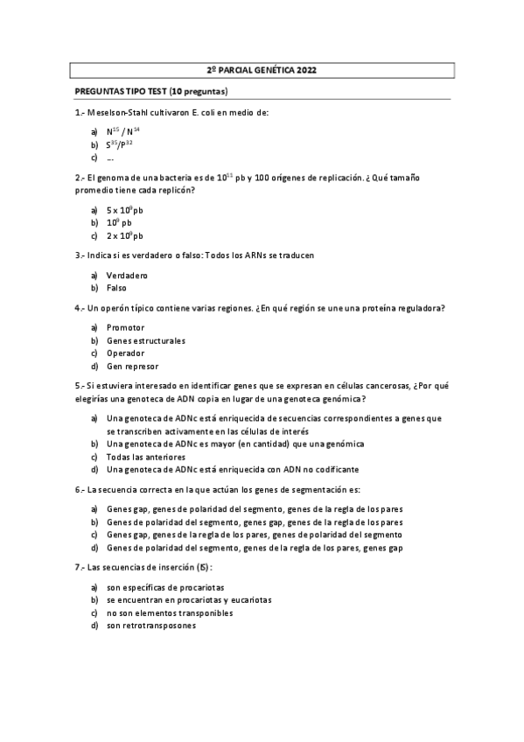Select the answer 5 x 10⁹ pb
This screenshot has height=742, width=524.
tap(125, 211)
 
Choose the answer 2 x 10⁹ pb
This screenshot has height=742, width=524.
tap(125, 236)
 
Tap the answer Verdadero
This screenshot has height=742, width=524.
tap(128, 276)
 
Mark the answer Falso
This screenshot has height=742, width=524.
tap(116, 288)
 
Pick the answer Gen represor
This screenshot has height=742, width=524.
tap(132, 367)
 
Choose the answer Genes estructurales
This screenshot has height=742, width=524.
tap(146, 340)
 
